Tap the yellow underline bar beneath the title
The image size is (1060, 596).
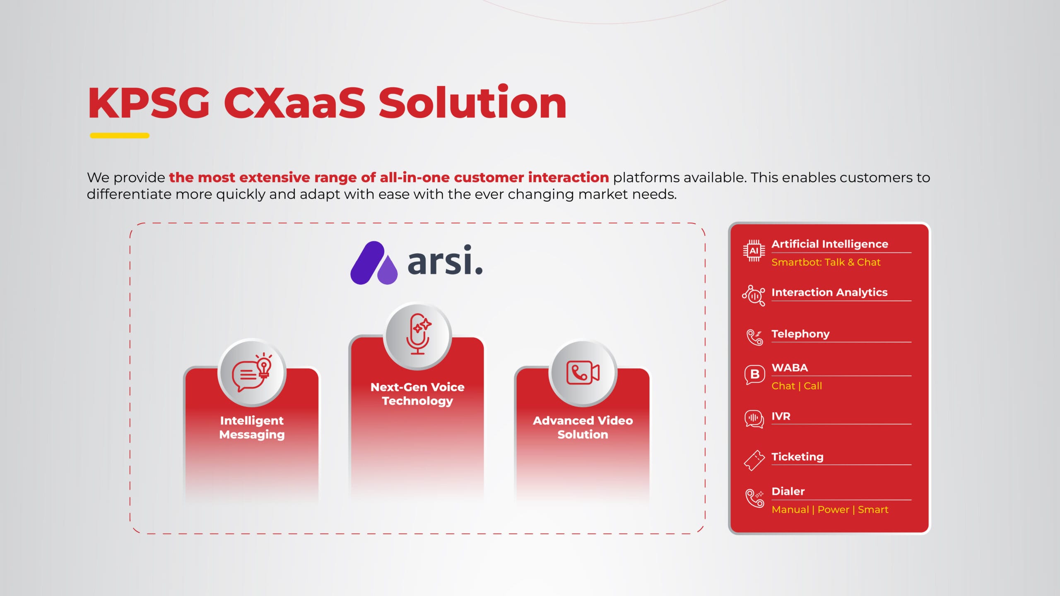tap(120, 135)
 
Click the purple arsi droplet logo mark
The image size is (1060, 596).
tap(374, 263)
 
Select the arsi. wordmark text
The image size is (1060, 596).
tap(445, 260)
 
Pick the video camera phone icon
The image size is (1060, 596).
tap(583, 372)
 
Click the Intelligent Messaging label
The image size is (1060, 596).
tap(252, 428)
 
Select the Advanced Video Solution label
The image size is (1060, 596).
tap(583, 428)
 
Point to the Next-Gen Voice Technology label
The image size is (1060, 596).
tap(417, 394)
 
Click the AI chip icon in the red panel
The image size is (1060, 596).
tap(754, 251)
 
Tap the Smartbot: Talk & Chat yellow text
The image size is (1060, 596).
tap(826, 262)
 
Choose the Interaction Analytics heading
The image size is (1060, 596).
tap(829, 292)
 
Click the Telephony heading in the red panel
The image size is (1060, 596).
tap(800, 334)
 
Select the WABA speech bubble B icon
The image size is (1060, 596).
tap(754, 375)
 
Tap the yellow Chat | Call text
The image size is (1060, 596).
tap(797, 386)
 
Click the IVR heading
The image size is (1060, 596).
tap(781, 416)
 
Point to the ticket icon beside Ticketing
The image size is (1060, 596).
tap(754, 460)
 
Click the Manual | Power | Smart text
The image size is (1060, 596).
tap(830, 509)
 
